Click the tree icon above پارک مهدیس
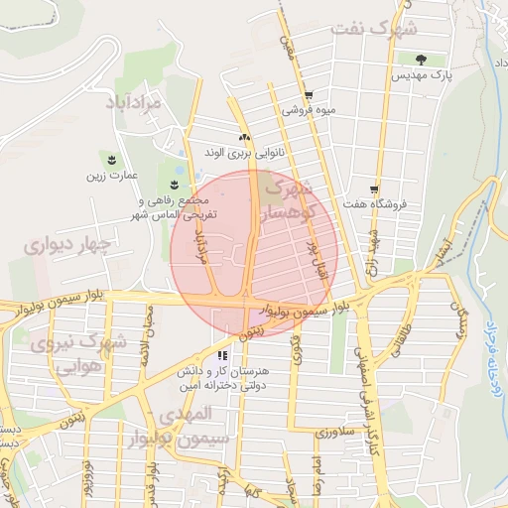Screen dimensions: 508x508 423,61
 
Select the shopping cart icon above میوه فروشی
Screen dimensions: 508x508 309,96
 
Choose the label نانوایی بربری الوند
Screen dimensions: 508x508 243,154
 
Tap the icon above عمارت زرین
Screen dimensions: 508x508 109,160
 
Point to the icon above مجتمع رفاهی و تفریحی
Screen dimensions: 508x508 176,184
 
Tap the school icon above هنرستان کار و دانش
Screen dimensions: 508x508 221,353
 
